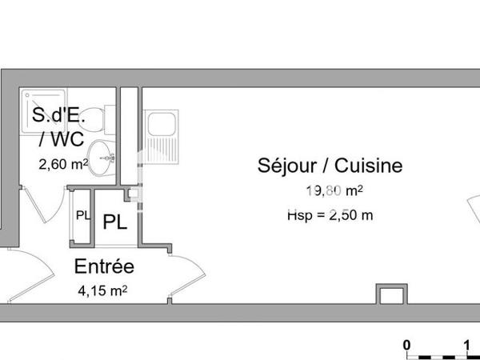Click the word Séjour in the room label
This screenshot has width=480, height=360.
(285, 166)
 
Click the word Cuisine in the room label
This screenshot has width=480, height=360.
(367, 166)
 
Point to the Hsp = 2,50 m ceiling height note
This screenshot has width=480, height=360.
(330, 215)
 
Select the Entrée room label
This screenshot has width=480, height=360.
(104, 267)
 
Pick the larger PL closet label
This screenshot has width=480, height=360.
(114, 222)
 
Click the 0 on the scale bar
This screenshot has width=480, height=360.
(407, 345)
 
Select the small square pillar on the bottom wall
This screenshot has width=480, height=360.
(390, 294)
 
